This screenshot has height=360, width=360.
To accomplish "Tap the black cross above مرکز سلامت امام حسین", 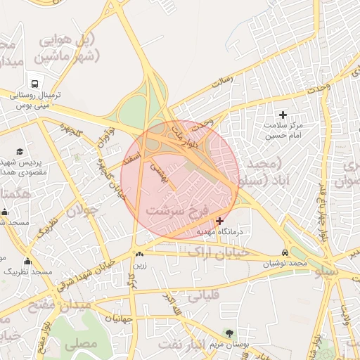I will click(283, 115).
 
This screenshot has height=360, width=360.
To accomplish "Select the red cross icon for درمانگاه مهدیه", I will click(219, 221).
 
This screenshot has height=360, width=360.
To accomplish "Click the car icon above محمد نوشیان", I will click(285, 252).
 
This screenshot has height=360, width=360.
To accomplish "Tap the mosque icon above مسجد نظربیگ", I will click(27, 261).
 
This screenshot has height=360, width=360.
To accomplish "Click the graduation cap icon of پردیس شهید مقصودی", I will click(20, 151).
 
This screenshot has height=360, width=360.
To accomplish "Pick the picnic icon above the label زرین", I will click(140, 255).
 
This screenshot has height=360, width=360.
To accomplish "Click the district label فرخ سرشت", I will click(178, 210).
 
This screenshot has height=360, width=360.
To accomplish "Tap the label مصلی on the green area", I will click(80, 345).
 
